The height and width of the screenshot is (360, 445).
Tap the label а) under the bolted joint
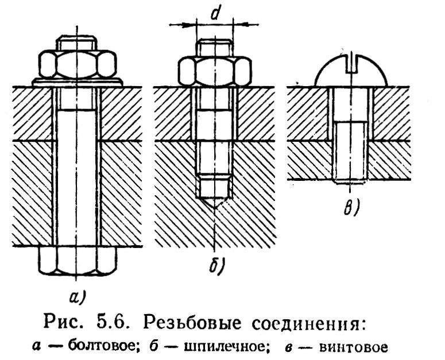tap(76, 296)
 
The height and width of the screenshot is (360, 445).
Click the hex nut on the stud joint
tap(214, 69)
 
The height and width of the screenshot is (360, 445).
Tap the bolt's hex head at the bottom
tap(76, 261)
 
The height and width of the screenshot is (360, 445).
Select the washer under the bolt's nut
tap(76, 83)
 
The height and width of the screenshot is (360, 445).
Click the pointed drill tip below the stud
tap(214, 199)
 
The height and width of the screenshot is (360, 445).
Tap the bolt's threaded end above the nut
tap(76, 44)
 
